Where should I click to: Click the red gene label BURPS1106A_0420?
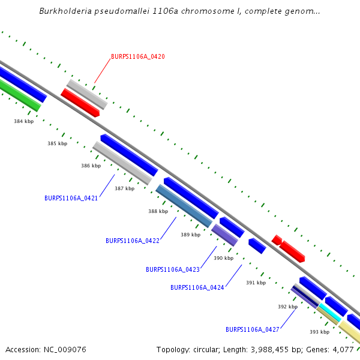pos(137,56)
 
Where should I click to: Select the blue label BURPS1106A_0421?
pos(71,197)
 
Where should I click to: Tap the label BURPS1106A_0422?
pos(132,241)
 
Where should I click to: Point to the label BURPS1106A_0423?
pos(172,269)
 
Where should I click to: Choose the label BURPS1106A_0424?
pos(197,287)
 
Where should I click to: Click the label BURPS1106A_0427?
pos(252,329)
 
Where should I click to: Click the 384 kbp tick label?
pos(23,121)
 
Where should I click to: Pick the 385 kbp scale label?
pos(57,143)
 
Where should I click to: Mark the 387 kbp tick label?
pos(124,188)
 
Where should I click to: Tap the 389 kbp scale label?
pos(190,235)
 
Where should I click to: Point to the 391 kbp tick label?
pos(256,283)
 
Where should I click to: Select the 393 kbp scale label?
pos(319,332)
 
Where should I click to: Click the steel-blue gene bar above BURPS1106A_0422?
pos(184,206)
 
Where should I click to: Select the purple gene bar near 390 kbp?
pos(224,234)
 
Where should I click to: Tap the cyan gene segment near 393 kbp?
pos(329,311)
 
